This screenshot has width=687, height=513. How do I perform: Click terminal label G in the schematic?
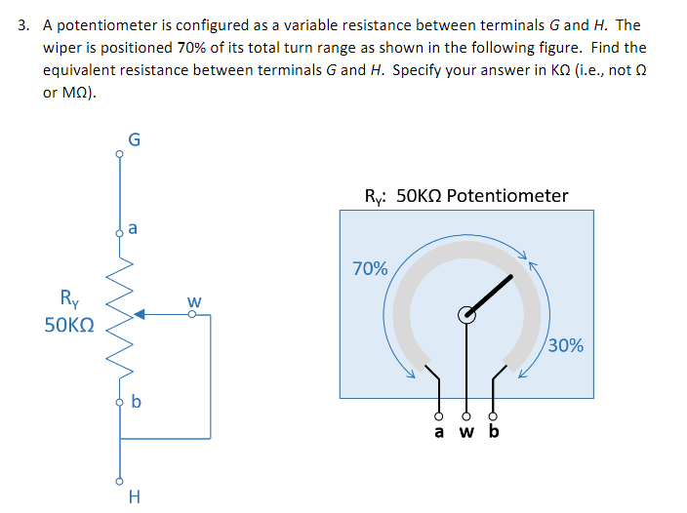click(x=135, y=138)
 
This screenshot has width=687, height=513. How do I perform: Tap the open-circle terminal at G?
click(x=120, y=152)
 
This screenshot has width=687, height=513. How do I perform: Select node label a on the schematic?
click(x=133, y=230)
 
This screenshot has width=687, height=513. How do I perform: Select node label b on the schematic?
click(x=136, y=401)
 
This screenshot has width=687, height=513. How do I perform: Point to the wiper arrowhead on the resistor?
click(x=140, y=314)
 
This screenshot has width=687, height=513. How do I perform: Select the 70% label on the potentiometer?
click(x=370, y=268)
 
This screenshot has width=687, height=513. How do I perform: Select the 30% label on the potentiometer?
click(x=566, y=345)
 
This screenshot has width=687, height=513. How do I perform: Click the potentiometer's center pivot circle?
click(x=467, y=314)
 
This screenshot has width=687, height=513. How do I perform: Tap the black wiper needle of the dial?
click(x=494, y=293)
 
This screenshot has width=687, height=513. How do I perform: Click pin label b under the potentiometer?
click(x=493, y=431)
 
